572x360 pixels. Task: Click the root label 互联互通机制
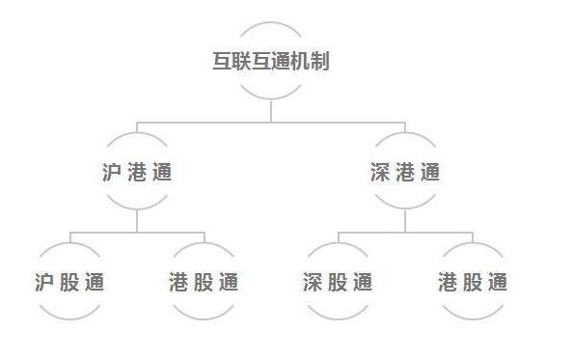(x=271, y=61)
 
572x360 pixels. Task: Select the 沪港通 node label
(x=137, y=173)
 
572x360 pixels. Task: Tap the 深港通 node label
(x=405, y=173)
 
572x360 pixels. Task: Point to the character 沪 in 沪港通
(x=113, y=173)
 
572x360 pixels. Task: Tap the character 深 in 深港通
(x=381, y=173)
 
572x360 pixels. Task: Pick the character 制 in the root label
(x=321, y=61)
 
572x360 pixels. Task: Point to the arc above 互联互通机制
(x=271, y=24)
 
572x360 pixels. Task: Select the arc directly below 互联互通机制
(x=271, y=97)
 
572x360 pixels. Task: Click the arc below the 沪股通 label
(x=68, y=316)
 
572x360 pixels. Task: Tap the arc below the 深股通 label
(x=337, y=316)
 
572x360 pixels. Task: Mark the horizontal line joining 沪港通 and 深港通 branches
(x=271, y=123)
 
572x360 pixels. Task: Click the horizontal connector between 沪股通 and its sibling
(x=137, y=233)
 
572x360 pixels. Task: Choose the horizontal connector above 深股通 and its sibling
(x=405, y=233)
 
